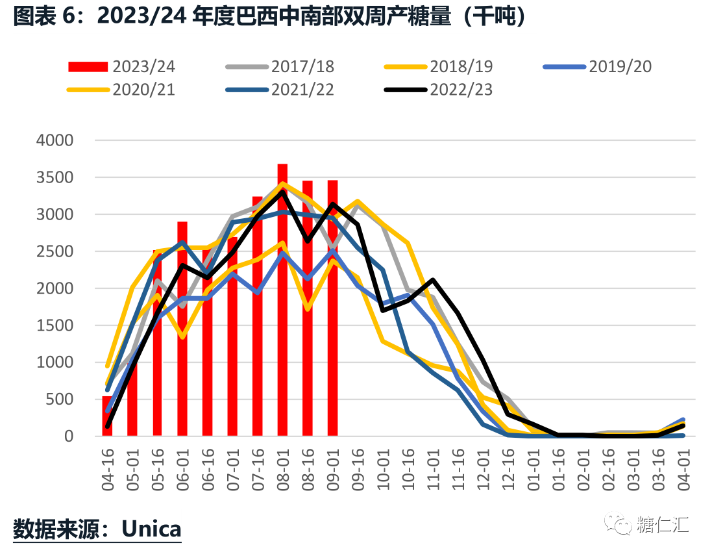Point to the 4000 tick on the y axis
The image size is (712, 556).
click(x=56, y=140)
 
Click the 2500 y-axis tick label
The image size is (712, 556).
click(x=56, y=251)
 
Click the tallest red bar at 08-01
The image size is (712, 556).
click(x=282, y=299)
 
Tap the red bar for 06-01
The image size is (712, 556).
click(x=182, y=328)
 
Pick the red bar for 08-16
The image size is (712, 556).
click(x=308, y=309)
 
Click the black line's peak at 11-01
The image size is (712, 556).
click(x=433, y=280)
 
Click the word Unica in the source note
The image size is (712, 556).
click(x=152, y=528)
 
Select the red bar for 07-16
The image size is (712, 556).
click(x=258, y=315)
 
